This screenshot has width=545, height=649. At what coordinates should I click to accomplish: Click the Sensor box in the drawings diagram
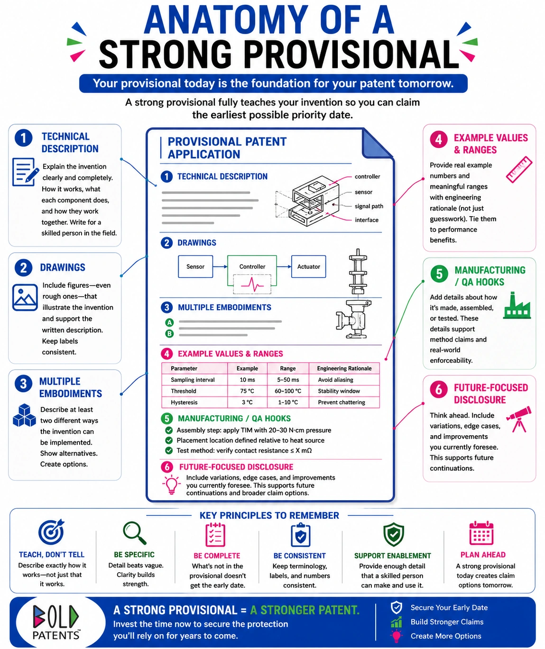(195, 266)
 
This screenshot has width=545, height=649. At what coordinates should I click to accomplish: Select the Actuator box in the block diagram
(308, 266)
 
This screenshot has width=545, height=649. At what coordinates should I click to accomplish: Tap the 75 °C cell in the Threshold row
(247, 391)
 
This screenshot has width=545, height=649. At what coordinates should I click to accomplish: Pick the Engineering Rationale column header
(344, 368)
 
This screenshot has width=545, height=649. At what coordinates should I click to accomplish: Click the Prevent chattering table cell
(341, 402)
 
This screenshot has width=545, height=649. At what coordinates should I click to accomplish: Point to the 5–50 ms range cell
(288, 380)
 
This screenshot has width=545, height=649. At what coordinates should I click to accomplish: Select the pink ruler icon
(519, 169)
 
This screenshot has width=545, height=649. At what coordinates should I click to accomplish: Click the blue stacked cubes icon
(25, 415)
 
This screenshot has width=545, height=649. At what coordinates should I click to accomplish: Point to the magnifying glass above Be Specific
(134, 533)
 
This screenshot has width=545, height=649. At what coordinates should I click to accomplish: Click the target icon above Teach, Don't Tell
(51, 531)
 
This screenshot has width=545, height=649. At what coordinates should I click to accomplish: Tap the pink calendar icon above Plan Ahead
(481, 533)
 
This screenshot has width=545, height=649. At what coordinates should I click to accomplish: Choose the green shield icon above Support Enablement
(394, 534)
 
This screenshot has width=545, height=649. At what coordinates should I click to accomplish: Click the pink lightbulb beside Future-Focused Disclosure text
(171, 484)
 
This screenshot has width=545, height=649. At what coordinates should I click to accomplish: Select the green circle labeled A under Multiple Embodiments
(169, 322)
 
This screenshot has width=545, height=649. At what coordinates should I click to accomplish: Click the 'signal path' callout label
(369, 206)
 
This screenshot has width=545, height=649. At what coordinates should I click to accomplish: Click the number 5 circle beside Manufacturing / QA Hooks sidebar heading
(439, 274)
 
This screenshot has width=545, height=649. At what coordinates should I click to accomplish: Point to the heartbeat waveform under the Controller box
(252, 284)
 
